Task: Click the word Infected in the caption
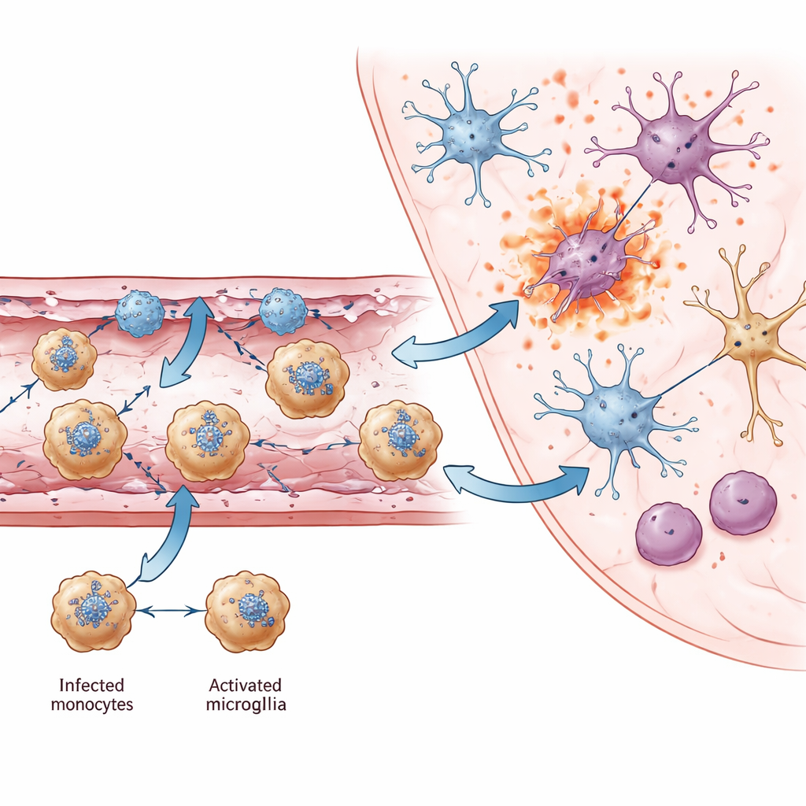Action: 91,685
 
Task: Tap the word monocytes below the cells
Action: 92,704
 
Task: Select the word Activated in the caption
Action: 246,685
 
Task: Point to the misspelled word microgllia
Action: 246,704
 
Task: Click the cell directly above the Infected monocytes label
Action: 93,611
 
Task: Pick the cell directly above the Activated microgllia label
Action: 247,611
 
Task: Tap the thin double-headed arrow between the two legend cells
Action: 171,611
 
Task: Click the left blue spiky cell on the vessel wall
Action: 139,313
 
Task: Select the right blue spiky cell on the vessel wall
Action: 283,311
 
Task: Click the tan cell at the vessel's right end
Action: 401,441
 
